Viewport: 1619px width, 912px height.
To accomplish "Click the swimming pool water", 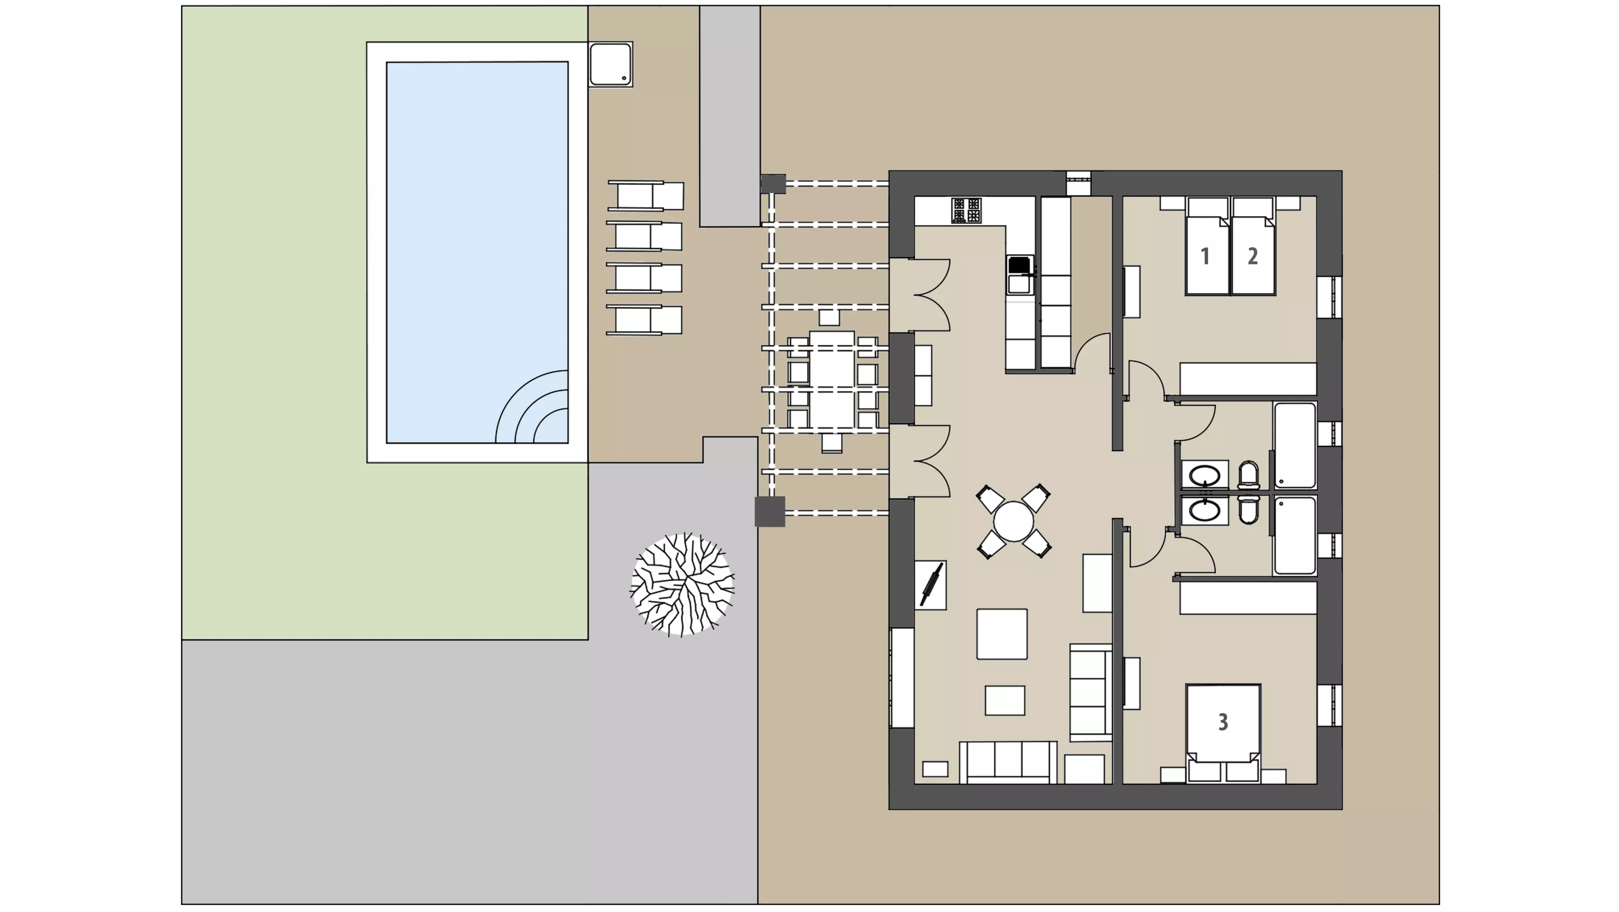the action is tap(477, 252).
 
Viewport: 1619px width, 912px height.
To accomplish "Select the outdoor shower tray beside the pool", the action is tap(610, 64).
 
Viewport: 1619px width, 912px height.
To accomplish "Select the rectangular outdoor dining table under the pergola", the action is tap(831, 381).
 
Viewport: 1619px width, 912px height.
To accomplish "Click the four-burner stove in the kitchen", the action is tap(966, 211).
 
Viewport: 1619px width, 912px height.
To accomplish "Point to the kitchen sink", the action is tap(1019, 275).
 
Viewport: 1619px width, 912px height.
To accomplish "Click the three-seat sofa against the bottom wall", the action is tap(1008, 762).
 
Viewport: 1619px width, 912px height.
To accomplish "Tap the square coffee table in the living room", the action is tap(1002, 634).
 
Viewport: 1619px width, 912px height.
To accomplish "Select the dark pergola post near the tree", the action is tap(770, 511).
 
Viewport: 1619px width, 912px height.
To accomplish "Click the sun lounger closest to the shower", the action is tap(645, 195).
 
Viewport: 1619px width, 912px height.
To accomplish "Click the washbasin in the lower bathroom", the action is tap(1205, 510).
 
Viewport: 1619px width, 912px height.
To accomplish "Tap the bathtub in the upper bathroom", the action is tap(1295, 445).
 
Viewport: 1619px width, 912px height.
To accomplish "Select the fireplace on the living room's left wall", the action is tap(930, 585).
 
